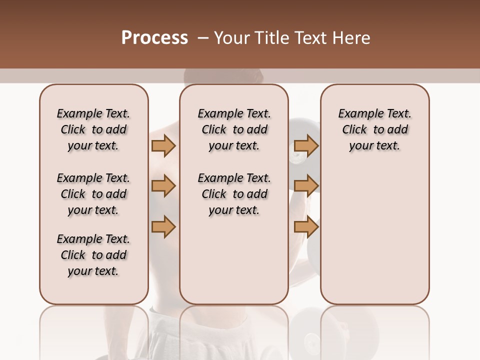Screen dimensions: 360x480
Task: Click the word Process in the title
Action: click(x=154, y=38)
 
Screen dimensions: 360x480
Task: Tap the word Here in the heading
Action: click(x=352, y=38)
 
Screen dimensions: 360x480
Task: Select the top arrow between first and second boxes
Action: click(x=163, y=145)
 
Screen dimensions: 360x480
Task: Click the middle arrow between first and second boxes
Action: click(x=163, y=186)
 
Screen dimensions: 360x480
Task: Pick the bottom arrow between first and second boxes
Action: click(x=163, y=227)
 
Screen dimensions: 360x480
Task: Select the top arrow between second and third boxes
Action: click(x=306, y=145)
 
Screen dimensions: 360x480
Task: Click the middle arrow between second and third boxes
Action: click(x=306, y=186)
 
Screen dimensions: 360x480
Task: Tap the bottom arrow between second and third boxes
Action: click(x=306, y=227)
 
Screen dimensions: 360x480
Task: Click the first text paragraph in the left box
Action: click(x=93, y=129)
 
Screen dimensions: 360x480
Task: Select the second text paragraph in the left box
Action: click(x=93, y=194)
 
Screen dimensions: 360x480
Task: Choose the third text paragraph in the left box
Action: click(x=93, y=255)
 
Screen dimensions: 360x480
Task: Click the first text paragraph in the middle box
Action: click(x=234, y=129)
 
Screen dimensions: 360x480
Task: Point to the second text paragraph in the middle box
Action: click(x=234, y=194)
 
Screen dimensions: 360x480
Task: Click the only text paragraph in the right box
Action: click(x=375, y=129)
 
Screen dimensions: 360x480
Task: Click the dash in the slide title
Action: click(x=203, y=38)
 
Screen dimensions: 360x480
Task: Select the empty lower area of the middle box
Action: click(x=234, y=260)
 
